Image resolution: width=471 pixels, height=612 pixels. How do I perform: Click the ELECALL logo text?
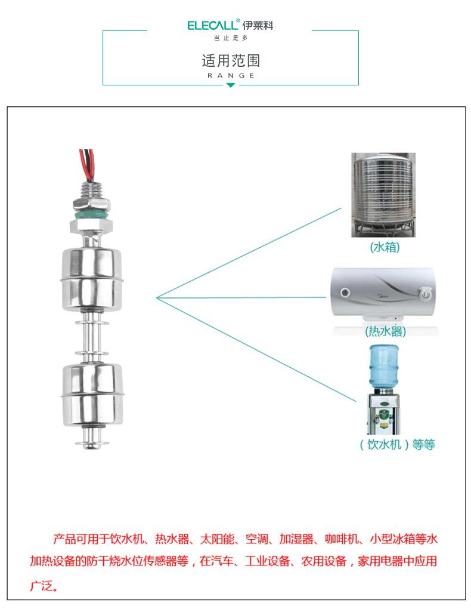pos(212,25)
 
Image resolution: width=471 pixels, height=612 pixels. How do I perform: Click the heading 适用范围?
pos(231,60)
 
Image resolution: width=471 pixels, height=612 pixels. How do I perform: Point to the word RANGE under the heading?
pos(231,75)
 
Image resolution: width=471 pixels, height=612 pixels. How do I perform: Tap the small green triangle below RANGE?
pos(231,85)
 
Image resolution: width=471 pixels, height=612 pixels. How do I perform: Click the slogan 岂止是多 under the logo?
pos(231,38)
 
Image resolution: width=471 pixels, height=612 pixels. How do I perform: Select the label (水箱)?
pos(385,247)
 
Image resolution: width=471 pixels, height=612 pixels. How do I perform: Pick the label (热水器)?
pos(386,331)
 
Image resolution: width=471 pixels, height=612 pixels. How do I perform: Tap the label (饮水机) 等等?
pos(397,444)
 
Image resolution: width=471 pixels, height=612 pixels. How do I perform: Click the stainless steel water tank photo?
pos(383,195)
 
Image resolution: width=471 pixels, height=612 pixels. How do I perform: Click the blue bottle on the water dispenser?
pos(384,367)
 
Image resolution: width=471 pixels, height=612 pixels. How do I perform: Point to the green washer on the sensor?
pos(91,215)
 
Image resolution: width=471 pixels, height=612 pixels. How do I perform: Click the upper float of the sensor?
pos(92,280)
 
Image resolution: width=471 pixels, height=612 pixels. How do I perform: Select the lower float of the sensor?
pos(92,394)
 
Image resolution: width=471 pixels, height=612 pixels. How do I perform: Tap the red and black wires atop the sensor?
pos(87,165)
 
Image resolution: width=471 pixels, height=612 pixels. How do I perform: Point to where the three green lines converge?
pos(157,298)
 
